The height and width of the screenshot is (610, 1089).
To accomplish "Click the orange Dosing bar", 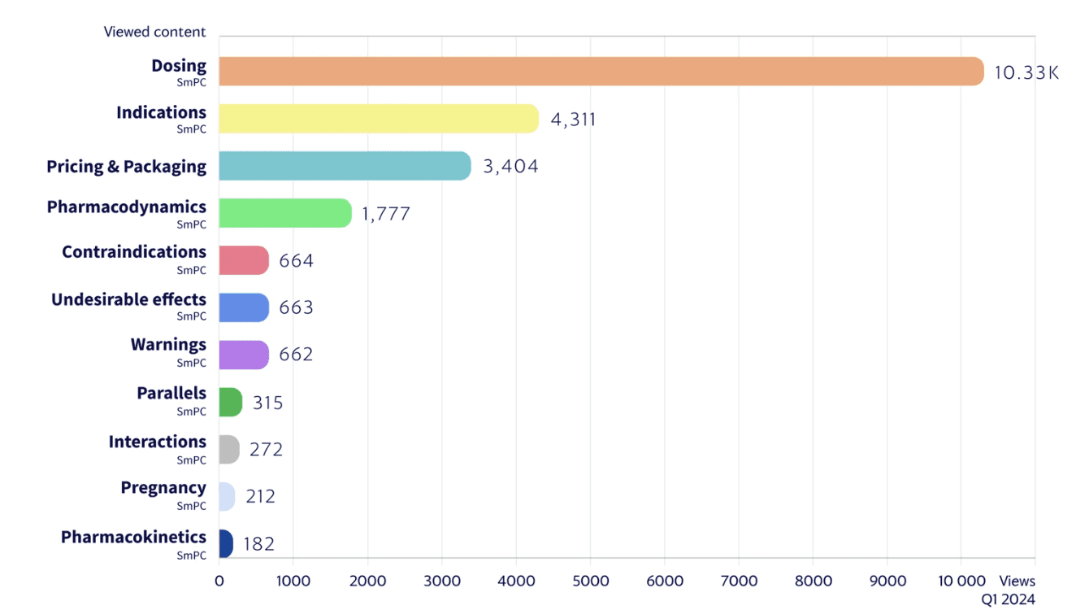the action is [601, 72].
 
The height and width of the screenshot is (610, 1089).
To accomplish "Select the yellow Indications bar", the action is [379, 119].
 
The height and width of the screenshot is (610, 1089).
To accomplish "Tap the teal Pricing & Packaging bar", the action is [345, 166].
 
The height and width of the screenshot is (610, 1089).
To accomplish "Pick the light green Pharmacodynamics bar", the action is [285, 213].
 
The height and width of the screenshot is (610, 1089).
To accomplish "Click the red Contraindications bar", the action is [244, 260].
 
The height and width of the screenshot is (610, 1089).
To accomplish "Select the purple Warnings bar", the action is [244, 355].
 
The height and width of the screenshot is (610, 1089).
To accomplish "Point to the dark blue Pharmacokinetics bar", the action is [226, 543].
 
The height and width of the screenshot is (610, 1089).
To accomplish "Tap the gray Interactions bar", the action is [229, 449].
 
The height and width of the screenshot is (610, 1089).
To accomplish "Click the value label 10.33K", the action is [1026, 73].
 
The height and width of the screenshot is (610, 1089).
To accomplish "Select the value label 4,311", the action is [573, 120].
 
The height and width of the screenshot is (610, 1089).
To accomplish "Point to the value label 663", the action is [296, 307].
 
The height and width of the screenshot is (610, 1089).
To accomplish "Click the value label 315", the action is [267, 403].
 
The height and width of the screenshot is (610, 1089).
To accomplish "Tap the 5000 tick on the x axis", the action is [590, 581].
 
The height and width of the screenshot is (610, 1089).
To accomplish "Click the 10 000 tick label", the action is [961, 581].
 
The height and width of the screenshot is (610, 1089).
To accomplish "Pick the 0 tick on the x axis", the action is [219, 581].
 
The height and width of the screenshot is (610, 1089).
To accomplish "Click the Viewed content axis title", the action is [154, 32].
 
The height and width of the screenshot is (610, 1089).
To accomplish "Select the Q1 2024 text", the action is [1008, 599].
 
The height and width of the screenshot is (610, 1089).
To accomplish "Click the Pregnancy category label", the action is [163, 488].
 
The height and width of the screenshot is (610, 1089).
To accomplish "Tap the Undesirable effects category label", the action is [129, 299].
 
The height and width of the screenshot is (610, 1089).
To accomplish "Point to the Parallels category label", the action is [171, 393].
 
